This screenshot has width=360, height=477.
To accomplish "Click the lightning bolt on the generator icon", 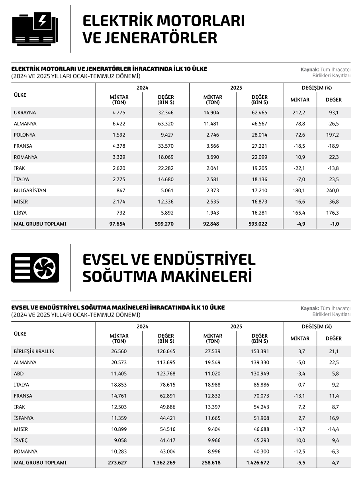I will click(42, 21).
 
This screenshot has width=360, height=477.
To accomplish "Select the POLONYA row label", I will click(25, 135).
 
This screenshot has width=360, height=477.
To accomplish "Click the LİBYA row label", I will click(20, 213).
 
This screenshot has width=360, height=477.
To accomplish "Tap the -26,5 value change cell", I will click(333, 124).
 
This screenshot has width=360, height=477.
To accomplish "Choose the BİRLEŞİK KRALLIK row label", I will click(34, 351).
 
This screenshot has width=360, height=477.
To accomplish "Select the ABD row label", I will click(19, 373).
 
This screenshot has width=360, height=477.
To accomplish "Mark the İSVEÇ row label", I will click(22, 440).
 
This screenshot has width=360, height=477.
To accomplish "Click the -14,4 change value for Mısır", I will click(333, 429).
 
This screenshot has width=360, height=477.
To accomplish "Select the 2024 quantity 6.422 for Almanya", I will click(119, 124).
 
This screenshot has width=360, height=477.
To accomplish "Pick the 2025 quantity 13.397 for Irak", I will click(213, 407).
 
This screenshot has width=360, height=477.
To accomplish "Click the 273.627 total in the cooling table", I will click(117, 463).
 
